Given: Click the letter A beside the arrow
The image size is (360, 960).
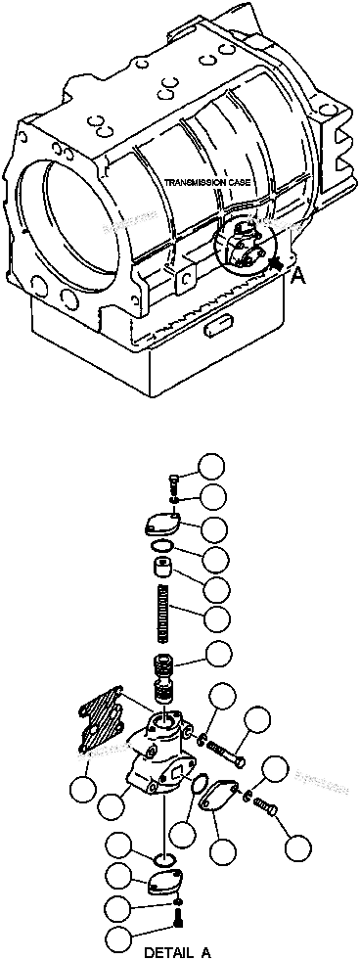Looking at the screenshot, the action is click(x=298, y=276).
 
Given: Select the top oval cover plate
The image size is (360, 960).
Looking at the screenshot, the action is click(x=159, y=525).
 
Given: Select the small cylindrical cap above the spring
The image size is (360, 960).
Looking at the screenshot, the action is click(x=163, y=570).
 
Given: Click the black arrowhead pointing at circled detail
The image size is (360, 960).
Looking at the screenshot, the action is click(x=278, y=263).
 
